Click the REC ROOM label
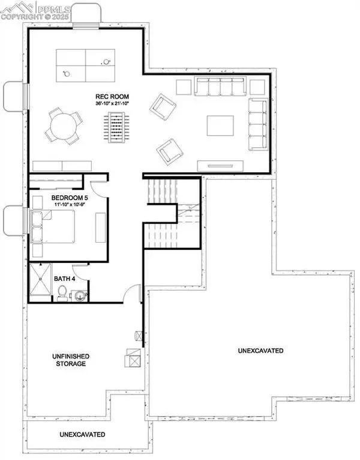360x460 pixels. tap(112, 97)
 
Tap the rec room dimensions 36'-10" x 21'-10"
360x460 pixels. tap(112, 104)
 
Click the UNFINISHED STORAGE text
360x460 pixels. tap(67, 360)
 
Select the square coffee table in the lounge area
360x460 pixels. tap(220, 126)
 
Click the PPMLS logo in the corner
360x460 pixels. tap(36, 10)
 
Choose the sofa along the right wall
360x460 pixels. tap(259, 124)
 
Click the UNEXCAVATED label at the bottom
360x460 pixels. tap(83, 434)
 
